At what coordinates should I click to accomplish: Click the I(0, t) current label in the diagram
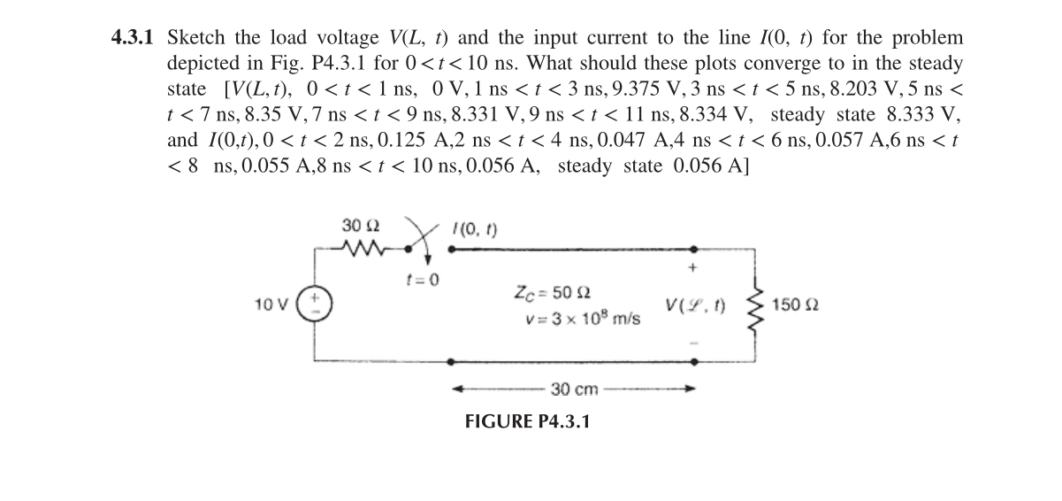point(475,229)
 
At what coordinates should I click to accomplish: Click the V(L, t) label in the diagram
point(698,305)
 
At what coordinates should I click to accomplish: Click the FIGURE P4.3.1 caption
point(527,420)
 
